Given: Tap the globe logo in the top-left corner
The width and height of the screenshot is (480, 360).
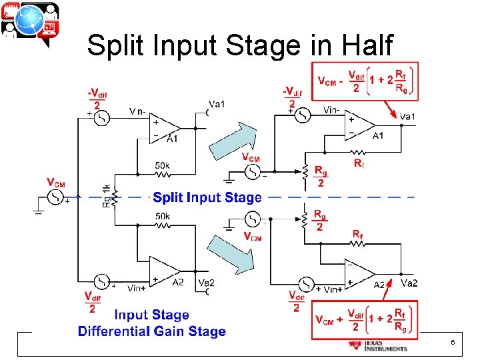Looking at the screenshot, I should pyautogui.click(x=29, y=22).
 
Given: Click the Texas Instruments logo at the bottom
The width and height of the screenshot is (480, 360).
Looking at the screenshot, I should pyautogui.click(x=377, y=345).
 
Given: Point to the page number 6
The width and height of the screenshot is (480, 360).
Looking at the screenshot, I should pyautogui.click(x=453, y=342).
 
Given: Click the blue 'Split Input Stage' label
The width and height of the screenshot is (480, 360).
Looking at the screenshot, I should pyautogui.click(x=207, y=197).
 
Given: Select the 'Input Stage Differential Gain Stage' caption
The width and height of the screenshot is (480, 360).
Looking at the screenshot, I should pyautogui.click(x=152, y=323).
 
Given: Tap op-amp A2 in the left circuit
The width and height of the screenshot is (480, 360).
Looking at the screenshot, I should pyautogui.click(x=166, y=271).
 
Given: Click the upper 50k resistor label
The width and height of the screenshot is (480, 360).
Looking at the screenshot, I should pyautogui.click(x=162, y=164).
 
